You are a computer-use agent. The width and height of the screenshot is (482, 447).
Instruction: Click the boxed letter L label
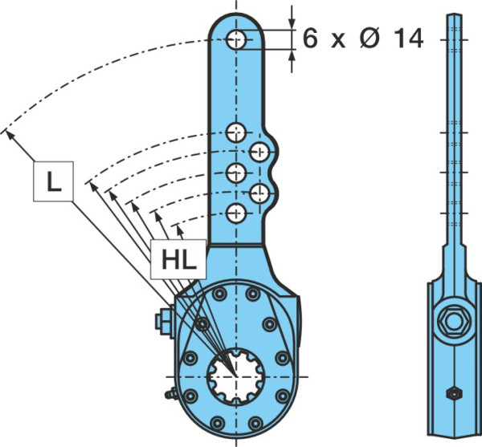(x=53, y=181)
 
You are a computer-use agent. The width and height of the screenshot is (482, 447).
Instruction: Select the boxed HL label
(x=178, y=259)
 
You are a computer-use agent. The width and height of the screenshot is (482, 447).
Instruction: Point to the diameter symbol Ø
(x=370, y=39)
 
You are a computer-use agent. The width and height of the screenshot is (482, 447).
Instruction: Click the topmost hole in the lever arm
(x=236, y=39)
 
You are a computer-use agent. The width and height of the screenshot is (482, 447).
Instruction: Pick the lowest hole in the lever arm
(x=236, y=213)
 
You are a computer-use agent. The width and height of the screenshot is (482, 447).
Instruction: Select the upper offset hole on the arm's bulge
(x=260, y=152)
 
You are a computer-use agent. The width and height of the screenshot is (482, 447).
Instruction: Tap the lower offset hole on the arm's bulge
(x=260, y=193)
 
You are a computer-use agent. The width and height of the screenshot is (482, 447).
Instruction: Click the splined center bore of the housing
(x=235, y=376)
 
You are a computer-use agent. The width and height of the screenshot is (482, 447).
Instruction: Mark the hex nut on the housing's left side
(x=165, y=321)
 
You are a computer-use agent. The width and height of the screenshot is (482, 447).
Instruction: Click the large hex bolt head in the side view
(x=455, y=322)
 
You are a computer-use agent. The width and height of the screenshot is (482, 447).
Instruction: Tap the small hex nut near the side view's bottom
(x=455, y=394)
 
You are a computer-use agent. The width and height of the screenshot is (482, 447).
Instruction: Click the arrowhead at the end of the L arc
(x=10, y=134)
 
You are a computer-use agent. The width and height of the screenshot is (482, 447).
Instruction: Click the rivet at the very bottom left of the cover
(x=217, y=423)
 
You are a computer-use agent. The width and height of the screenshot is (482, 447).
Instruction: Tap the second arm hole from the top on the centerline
(x=236, y=132)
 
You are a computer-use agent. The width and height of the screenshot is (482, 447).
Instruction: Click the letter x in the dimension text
(x=338, y=42)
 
